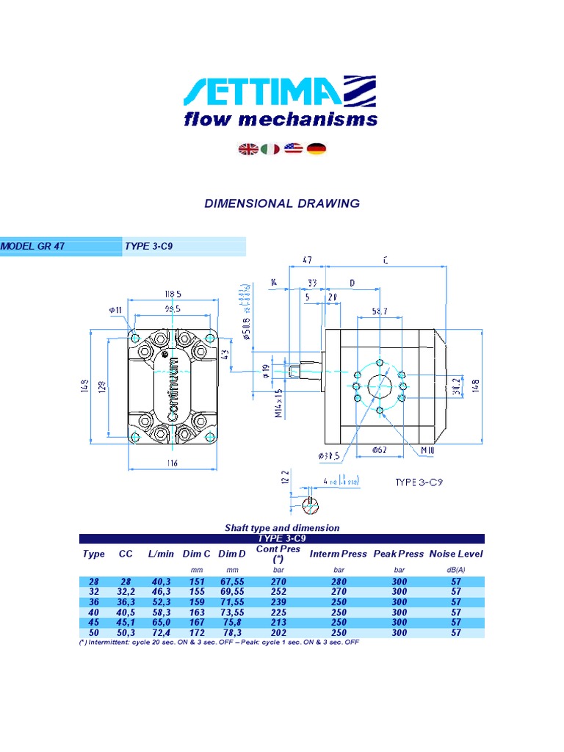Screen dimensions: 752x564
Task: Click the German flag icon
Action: (317, 149)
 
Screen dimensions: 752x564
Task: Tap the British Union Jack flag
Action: (248, 149)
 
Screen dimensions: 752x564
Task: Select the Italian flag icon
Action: (270, 149)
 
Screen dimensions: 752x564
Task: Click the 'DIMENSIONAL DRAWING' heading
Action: (282, 203)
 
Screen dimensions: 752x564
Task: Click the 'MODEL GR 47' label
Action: (33, 246)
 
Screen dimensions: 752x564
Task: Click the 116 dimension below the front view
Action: (172, 463)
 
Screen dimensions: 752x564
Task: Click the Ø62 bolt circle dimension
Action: (380, 449)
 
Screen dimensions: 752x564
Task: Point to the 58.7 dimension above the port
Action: (379, 311)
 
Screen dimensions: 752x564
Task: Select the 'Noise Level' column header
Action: (456, 554)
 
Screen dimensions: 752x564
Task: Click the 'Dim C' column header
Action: (196, 554)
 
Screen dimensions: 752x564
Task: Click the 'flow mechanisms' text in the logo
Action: (281, 119)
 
